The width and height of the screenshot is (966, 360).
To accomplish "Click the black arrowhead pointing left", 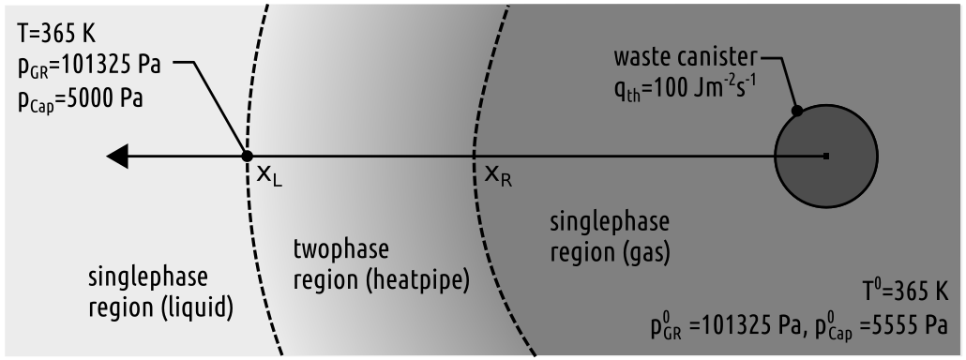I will click(x=117, y=157).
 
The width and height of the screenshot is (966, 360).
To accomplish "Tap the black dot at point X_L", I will click(x=248, y=157).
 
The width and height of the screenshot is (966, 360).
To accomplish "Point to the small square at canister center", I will click(x=825, y=156).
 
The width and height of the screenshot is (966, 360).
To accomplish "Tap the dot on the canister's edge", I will click(x=795, y=111).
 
